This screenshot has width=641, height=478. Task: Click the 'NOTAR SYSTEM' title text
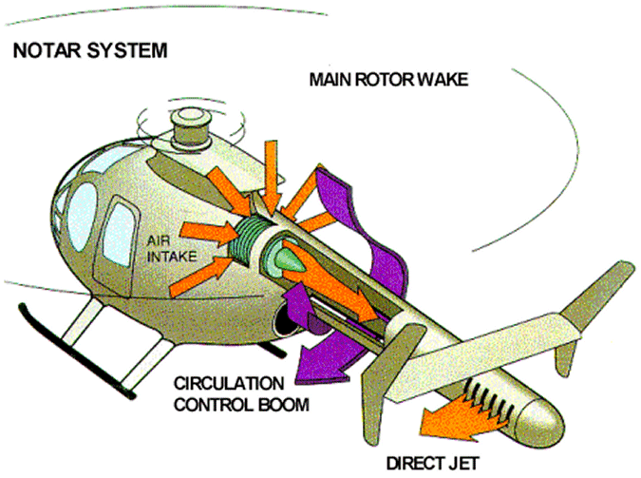pos(89,49)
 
